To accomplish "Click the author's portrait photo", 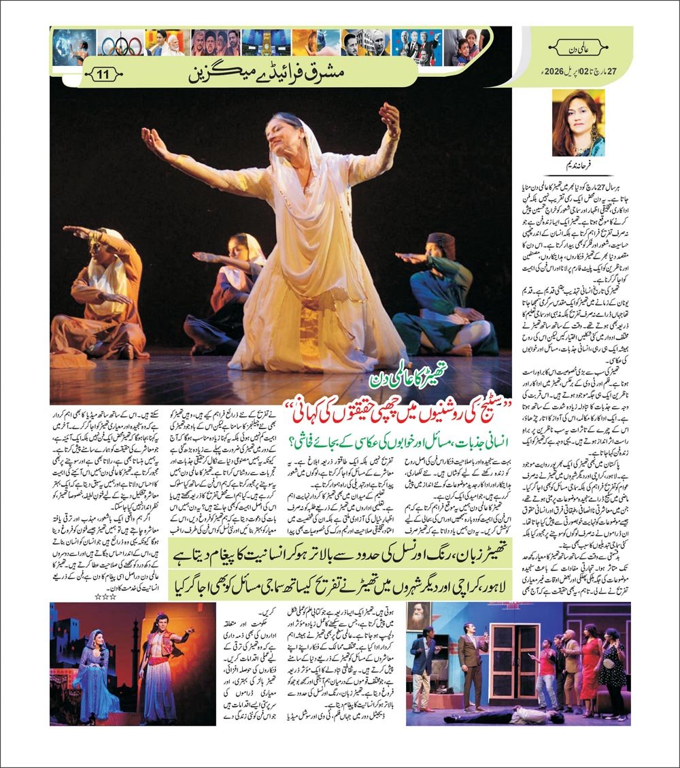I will [x=578, y=123].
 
